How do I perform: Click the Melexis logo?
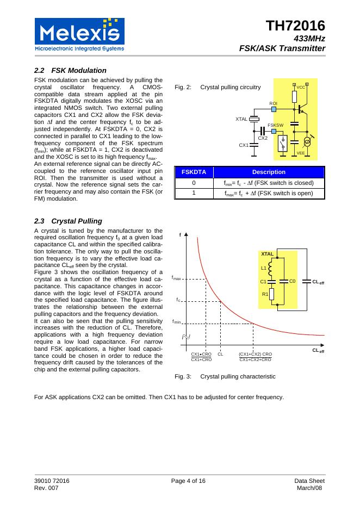pos(79,34)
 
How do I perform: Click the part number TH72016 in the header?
pos(295,26)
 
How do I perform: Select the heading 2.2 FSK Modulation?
pos(70,70)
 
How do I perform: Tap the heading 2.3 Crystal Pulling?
pos(67,221)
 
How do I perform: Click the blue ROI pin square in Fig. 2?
pos(274,109)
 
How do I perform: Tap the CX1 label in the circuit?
pos(244,145)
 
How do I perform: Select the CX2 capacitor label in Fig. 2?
pos(263,138)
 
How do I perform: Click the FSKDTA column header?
pos(194,172)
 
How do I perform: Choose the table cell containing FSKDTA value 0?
pos(194,183)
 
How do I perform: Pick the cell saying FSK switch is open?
pos(269,193)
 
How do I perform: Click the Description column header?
pos(269,172)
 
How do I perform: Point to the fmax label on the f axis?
pos(176,278)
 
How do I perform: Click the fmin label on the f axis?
pos(176,322)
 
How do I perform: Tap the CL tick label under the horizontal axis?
pos(220,354)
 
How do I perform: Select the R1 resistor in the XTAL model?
pos(271,294)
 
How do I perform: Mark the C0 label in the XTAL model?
pos(292,281)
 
